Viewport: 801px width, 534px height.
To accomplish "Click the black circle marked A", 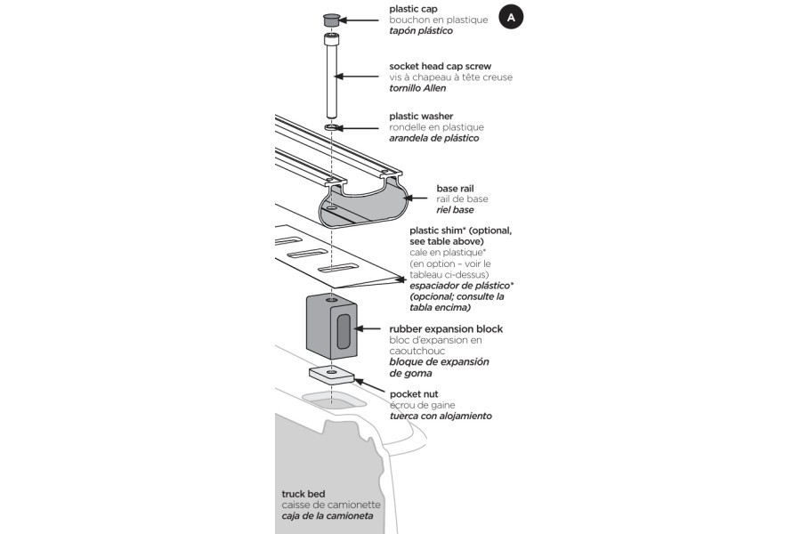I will (511, 17).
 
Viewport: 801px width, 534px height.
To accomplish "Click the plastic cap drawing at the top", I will (332, 18).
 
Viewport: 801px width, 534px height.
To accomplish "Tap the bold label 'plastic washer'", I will (421, 117).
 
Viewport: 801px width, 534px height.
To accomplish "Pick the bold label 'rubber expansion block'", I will (446, 329).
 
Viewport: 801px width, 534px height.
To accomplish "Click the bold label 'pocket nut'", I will (414, 393).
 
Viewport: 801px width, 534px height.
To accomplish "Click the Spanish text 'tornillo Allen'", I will (417, 88).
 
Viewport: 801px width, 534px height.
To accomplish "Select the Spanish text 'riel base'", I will (455, 210).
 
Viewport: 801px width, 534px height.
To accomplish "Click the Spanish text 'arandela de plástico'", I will (434, 138).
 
